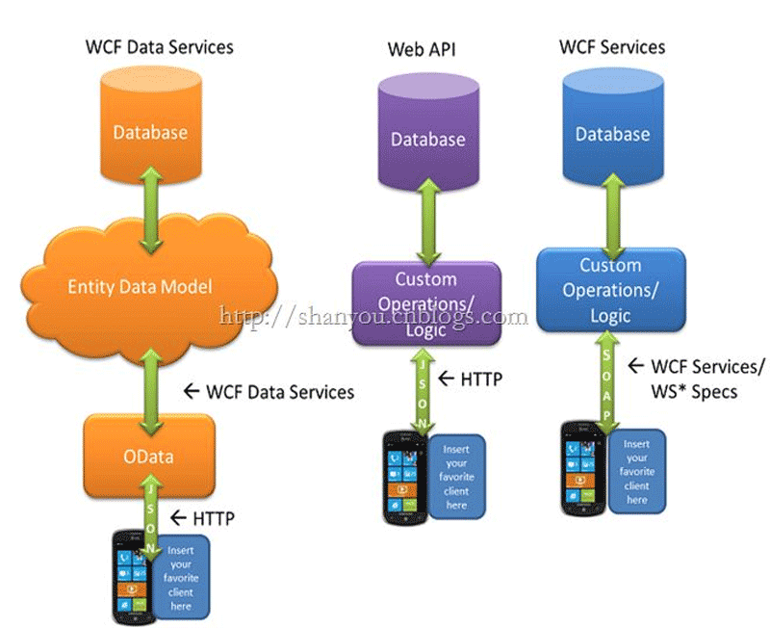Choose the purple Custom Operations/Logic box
click(426, 303)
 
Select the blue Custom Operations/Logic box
click(609, 289)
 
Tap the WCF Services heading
click(612, 46)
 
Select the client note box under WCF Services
click(637, 472)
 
